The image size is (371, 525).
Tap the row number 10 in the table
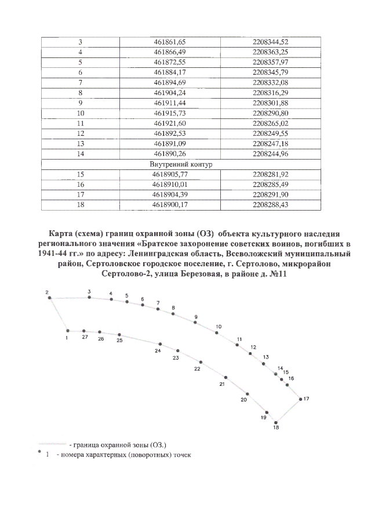[x=81, y=113]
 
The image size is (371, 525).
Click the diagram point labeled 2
[x=50, y=298]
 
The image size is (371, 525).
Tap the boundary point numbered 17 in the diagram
[x=300, y=399]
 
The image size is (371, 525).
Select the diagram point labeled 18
[x=276, y=422]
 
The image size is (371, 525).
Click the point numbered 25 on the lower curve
[x=119, y=335]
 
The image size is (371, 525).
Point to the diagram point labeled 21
[x=226, y=377]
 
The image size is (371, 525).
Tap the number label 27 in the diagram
[x=85, y=337]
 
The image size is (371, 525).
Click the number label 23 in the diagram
[x=176, y=358]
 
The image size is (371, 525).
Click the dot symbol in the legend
[x=39, y=451]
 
